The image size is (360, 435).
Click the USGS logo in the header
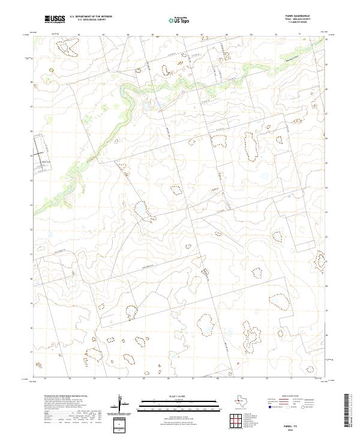click(55, 20)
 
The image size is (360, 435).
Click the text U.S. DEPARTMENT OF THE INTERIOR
click(91, 17)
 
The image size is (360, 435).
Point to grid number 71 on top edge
click(299, 34)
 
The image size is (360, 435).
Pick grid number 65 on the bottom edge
click(144, 379)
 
